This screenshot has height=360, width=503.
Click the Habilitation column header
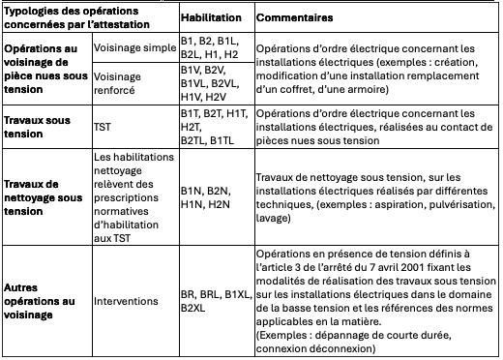213,17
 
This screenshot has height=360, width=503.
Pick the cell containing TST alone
103,126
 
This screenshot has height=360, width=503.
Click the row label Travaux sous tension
40,126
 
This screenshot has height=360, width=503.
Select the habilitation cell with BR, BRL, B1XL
213,301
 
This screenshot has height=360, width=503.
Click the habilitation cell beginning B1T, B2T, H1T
211,126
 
